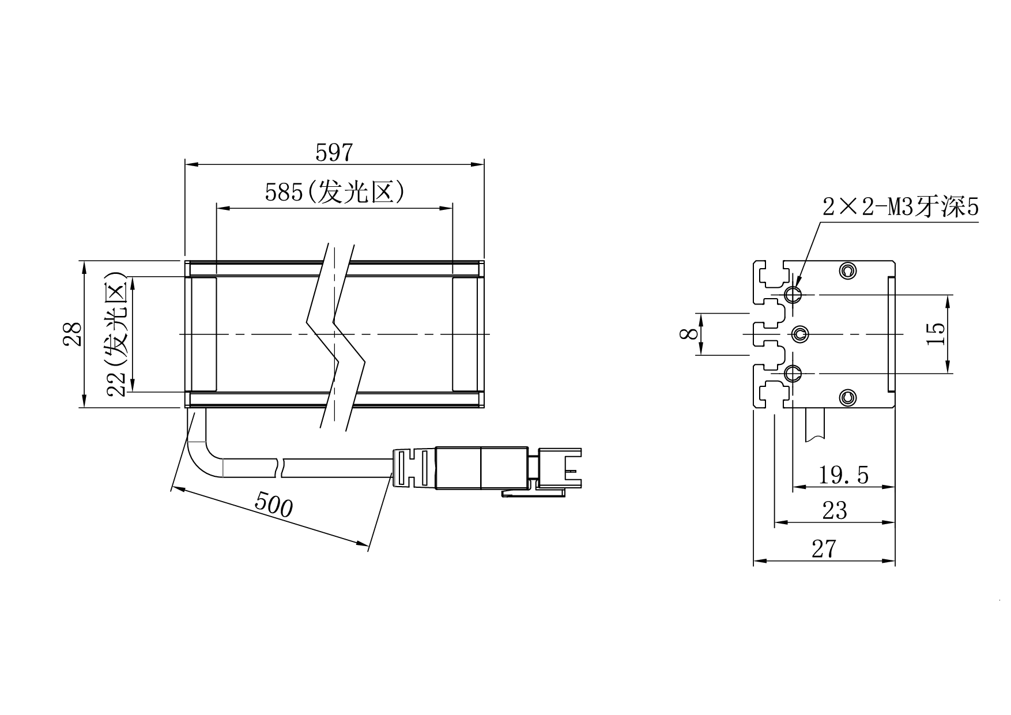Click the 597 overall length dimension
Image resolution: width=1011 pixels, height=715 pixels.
[x=334, y=153]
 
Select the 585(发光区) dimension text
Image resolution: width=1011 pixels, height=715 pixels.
[x=334, y=192]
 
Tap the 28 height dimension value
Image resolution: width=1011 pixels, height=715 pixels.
[x=72, y=334]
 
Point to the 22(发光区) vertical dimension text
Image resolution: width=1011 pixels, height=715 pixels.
[x=116, y=334]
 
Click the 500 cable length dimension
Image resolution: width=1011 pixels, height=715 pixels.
[x=274, y=505]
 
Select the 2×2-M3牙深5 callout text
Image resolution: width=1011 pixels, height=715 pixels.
[x=901, y=207]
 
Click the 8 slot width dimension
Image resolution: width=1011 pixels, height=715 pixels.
[x=687, y=334]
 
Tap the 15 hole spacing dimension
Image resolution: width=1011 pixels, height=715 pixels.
[x=937, y=334]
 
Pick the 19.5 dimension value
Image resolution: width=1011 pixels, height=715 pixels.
[x=844, y=475]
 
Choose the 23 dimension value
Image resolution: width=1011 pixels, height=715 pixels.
[x=835, y=510]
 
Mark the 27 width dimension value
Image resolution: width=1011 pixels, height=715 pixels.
[x=824, y=548]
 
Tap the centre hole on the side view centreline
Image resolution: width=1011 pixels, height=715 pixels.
[x=801, y=334]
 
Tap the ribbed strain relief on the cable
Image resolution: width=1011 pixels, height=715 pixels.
[x=413, y=468]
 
